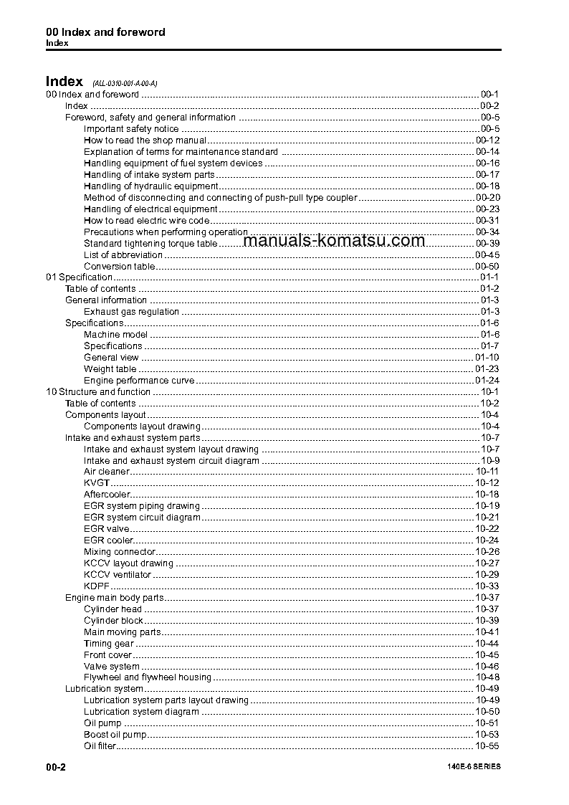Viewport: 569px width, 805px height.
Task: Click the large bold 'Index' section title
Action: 64,82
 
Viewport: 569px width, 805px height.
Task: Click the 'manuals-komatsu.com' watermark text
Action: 334,241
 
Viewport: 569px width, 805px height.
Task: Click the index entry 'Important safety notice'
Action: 131,129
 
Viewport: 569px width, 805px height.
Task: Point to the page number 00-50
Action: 487,266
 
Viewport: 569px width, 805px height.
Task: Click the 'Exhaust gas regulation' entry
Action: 131,312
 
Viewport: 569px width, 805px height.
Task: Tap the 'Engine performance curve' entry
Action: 139,381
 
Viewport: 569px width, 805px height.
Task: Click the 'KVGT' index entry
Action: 97,483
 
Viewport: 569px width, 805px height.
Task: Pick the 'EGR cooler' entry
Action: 108,540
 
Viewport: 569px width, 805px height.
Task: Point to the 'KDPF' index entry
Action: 97,586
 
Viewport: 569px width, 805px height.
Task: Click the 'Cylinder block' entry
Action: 113,621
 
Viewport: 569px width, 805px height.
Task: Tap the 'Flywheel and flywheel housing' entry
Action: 148,677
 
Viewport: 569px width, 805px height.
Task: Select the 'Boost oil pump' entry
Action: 115,735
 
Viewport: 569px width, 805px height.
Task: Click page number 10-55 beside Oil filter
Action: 487,746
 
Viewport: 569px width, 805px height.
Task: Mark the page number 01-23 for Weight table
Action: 487,369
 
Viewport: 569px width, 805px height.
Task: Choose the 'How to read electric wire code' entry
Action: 146,221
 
